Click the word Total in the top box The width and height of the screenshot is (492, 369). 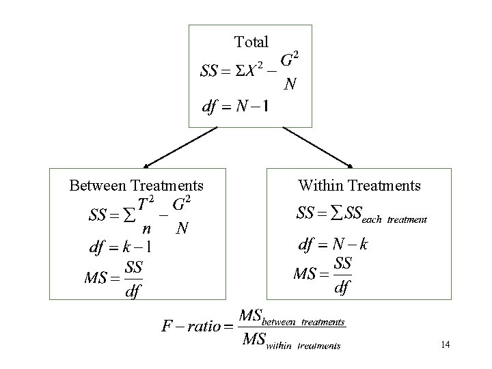pos(251,42)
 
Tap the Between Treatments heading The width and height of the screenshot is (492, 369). pos(137,185)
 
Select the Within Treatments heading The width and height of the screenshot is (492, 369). pos(359,185)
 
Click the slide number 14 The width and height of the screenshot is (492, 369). pos(445,344)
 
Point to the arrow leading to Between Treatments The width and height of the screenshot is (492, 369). pos(180,148)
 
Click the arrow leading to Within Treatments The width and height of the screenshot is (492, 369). pos(318,148)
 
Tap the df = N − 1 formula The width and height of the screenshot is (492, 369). pos(234,107)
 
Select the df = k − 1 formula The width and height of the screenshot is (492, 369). pos(120,247)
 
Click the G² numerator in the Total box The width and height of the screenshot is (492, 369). pos(291,59)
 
